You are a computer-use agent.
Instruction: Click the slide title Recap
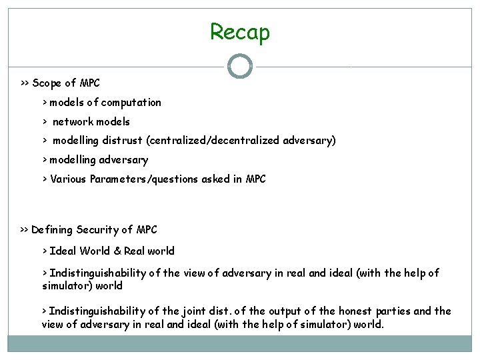[240, 31]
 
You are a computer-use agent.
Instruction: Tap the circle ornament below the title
[240, 67]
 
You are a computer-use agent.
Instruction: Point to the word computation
[133, 103]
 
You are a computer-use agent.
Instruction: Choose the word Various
[69, 179]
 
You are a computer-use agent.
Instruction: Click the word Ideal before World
[62, 251]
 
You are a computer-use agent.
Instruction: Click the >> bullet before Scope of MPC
[24, 84]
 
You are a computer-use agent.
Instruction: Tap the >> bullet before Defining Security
[24, 230]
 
